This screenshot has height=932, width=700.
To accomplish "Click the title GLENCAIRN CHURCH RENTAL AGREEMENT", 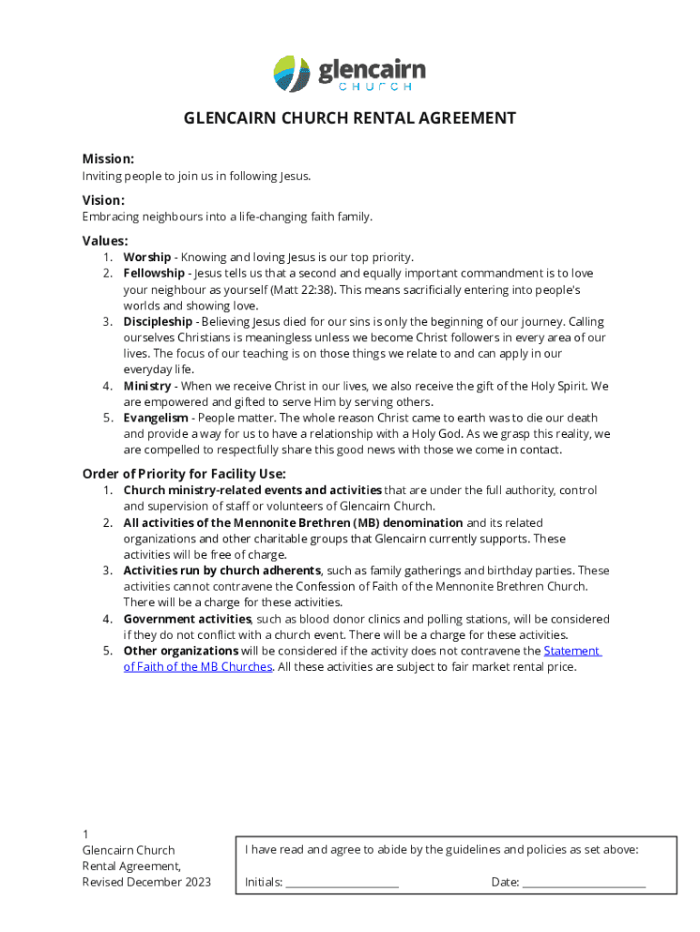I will [x=350, y=118].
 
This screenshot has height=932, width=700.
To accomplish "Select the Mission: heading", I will [x=108, y=158].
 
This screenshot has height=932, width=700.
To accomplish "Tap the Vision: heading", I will [x=104, y=200].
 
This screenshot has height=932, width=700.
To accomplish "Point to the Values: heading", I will [x=105, y=241].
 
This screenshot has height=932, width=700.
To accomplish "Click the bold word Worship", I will [x=146, y=258].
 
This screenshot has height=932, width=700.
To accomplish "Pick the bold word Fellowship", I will [x=154, y=274].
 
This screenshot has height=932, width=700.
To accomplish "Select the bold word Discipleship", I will [x=157, y=322].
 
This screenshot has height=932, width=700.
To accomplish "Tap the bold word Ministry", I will [x=147, y=386].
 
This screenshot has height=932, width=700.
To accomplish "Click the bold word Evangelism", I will [x=156, y=418].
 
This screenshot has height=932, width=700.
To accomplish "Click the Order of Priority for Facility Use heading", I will [x=185, y=473].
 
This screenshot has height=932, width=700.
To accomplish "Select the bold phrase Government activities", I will [x=187, y=619].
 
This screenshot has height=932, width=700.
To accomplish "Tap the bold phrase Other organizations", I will [x=181, y=651].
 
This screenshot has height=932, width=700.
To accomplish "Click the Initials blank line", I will [x=342, y=882].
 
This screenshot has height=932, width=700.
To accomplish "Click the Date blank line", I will [x=585, y=882].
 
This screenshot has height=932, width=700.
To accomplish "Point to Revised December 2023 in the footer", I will [x=146, y=882].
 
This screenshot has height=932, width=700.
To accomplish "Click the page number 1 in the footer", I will [x=85, y=835].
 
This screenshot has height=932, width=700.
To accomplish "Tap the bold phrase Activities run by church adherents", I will [x=223, y=571].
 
